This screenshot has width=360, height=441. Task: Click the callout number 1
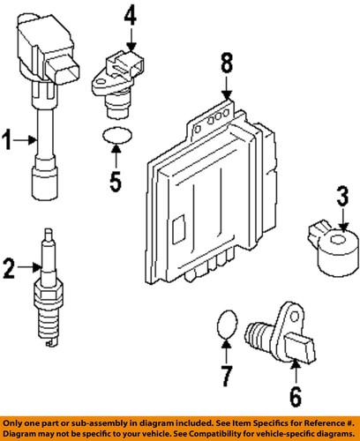[x=7, y=138]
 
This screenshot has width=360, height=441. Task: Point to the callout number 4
[x=130, y=14]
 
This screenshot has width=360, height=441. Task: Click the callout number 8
[x=227, y=63]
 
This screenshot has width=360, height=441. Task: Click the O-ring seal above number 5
[x=113, y=135]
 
